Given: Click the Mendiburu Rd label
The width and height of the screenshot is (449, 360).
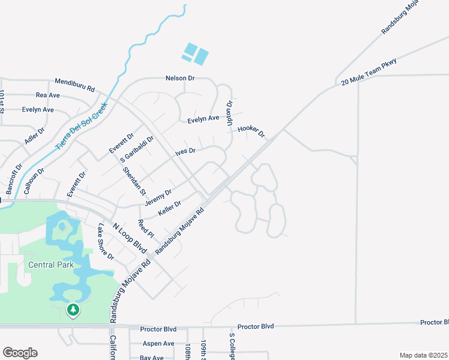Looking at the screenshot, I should [x=75, y=85].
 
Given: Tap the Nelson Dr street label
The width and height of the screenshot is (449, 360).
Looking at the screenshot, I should [x=181, y=79].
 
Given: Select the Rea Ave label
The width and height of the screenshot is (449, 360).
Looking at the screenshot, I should [x=48, y=95].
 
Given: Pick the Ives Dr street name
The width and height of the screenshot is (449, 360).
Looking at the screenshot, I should [x=185, y=151].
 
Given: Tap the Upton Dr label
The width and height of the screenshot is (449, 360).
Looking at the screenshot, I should [x=229, y=112].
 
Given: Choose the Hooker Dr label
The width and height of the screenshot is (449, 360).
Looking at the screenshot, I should [x=251, y=130].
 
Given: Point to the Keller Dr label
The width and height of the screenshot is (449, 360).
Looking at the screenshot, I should [x=170, y=209].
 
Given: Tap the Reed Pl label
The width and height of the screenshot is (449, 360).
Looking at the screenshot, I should [x=146, y=229].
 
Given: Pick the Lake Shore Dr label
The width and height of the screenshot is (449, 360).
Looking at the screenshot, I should [x=106, y=243].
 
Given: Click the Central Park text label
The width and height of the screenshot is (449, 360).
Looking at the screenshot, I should [x=49, y=265].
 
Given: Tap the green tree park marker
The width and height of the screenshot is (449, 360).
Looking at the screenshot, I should [x=73, y=310].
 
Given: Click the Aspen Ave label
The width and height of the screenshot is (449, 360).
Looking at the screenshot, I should [x=158, y=344].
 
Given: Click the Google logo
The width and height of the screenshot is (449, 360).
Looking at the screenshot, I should [x=20, y=353].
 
